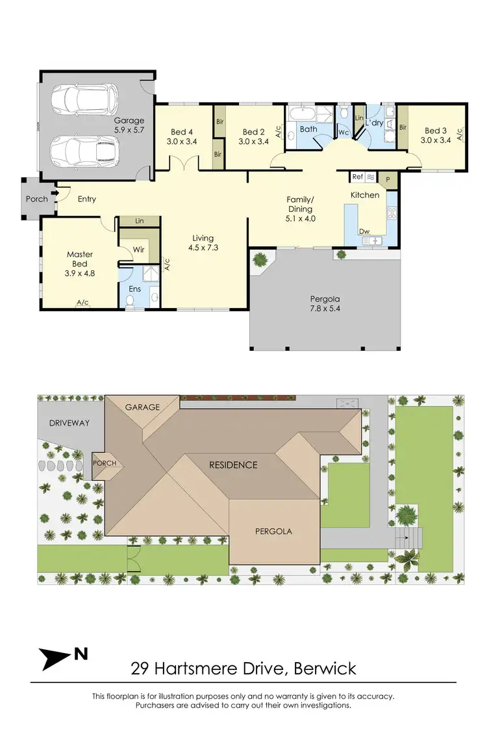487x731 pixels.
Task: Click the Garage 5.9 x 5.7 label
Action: (x=129, y=125)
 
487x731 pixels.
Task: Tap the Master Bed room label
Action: (x=80, y=259)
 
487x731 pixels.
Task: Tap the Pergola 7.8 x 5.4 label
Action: (x=325, y=304)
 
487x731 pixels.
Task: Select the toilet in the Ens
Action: (x=131, y=300)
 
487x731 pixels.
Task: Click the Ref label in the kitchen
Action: (x=357, y=176)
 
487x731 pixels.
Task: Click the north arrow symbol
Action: (x=57, y=658)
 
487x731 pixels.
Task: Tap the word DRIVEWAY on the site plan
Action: (x=69, y=423)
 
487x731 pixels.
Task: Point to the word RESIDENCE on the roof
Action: (x=232, y=465)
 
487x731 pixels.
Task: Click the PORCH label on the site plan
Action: (x=105, y=463)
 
